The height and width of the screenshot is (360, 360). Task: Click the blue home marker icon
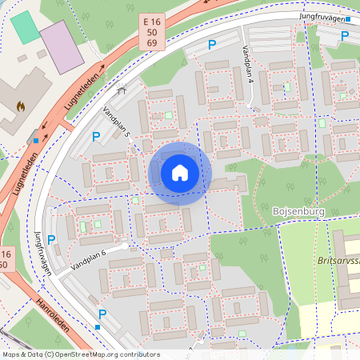180,173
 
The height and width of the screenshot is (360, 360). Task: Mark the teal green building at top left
26,28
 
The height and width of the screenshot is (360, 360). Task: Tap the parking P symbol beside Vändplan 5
96,137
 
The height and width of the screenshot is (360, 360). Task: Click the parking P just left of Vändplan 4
212,46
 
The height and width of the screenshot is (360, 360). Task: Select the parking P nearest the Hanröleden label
102,314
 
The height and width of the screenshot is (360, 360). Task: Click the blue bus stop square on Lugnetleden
36,141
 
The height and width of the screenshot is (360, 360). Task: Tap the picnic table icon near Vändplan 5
122,90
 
